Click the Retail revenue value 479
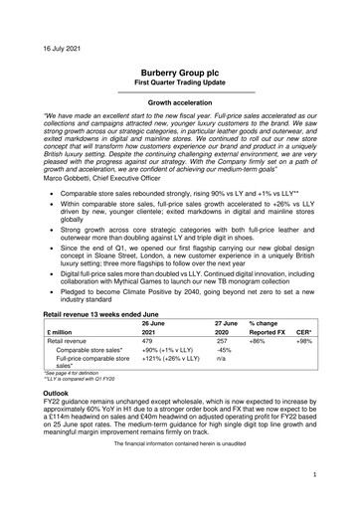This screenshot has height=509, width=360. coord(150,367)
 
